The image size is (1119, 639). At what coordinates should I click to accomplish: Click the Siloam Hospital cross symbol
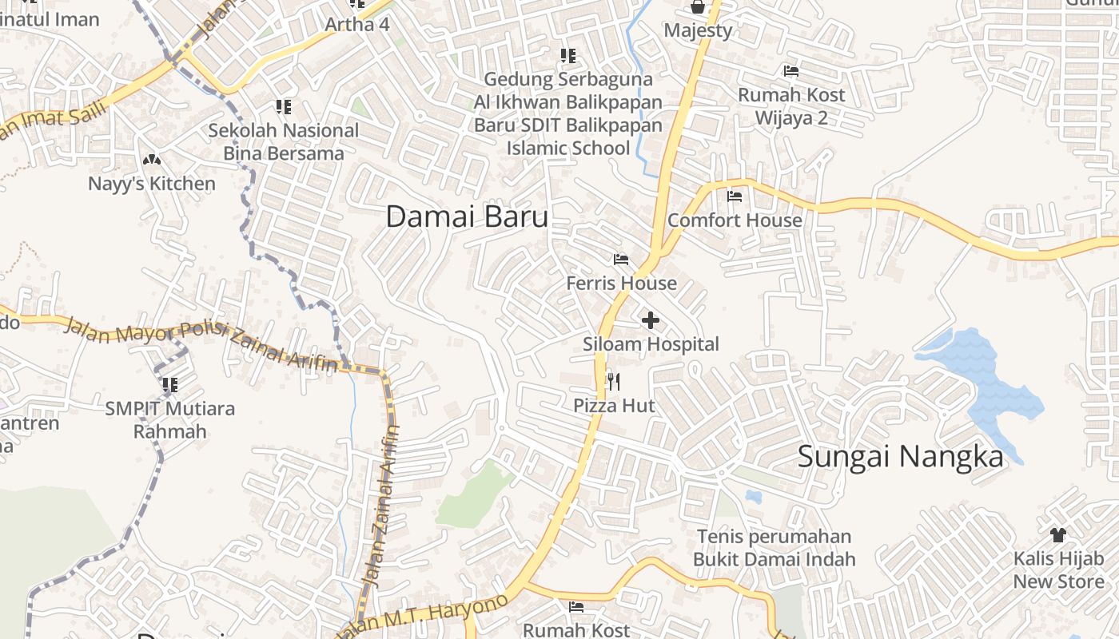(651, 320)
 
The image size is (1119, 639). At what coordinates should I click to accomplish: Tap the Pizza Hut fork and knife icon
(613, 382)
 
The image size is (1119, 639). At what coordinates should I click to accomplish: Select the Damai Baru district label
(467, 216)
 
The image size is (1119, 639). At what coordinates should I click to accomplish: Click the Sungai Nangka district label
(900, 457)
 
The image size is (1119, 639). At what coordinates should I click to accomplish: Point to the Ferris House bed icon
(620, 260)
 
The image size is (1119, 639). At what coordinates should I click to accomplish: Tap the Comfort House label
(735, 220)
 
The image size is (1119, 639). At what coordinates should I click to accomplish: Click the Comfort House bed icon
(735, 196)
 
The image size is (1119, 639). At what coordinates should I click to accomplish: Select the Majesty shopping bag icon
(698, 7)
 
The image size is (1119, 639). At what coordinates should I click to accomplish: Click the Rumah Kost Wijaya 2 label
(790, 107)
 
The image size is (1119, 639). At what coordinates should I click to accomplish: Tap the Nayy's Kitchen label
(152, 184)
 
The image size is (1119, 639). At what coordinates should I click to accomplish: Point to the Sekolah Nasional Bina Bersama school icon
(283, 106)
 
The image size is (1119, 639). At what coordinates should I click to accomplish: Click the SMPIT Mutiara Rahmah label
(170, 420)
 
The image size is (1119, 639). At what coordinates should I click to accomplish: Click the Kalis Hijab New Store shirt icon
(1058, 534)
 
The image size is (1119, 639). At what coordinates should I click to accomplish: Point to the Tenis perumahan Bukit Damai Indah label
(774, 548)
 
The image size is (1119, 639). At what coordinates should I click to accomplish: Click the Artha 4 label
(356, 25)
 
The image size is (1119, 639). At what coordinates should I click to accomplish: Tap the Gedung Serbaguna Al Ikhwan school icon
(568, 56)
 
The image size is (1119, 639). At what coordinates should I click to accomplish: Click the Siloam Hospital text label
(651, 344)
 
